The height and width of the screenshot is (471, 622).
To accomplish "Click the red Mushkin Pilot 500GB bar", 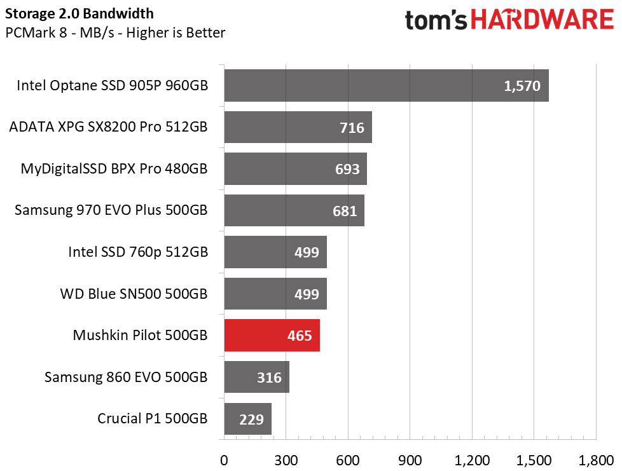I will point(272,336).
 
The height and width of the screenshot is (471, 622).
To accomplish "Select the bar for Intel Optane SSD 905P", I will point(386,86).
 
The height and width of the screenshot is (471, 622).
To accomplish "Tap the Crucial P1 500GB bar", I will point(247,419).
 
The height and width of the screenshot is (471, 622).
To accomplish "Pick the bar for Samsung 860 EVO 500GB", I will point(256,378).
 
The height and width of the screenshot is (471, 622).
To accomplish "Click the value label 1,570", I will point(522,86).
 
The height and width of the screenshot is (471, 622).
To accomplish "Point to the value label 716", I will point(352,128).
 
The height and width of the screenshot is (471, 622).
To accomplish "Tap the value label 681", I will point(345,211).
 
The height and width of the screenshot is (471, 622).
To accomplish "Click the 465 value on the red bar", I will point(300,336).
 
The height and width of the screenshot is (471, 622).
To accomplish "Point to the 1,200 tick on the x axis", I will point(471,460).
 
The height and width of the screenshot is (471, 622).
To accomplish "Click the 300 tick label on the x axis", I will point(286,460).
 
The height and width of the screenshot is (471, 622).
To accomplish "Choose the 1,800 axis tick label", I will point(596,460).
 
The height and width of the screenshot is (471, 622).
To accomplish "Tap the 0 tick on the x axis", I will point(224,460).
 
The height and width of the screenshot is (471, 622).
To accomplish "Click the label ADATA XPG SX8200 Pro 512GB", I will point(108,127).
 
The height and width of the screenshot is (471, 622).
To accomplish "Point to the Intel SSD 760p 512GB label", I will point(137,252).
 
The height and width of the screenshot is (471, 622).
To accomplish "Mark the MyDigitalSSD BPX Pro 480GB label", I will point(114,169).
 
